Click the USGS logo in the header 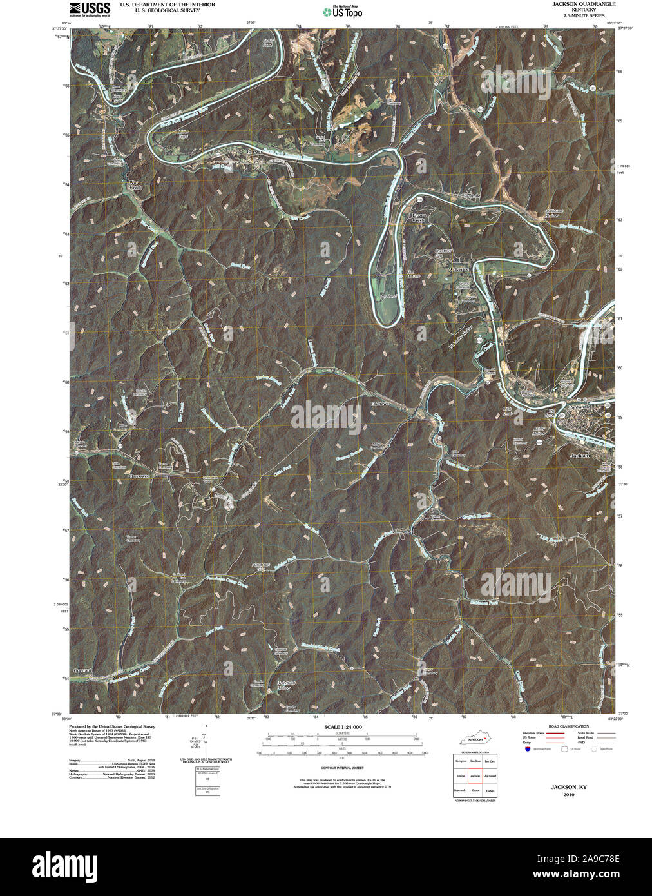pos(90,9)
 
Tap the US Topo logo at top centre pos(343,12)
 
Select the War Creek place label pos(134,185)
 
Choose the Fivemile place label pos(472,195)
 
